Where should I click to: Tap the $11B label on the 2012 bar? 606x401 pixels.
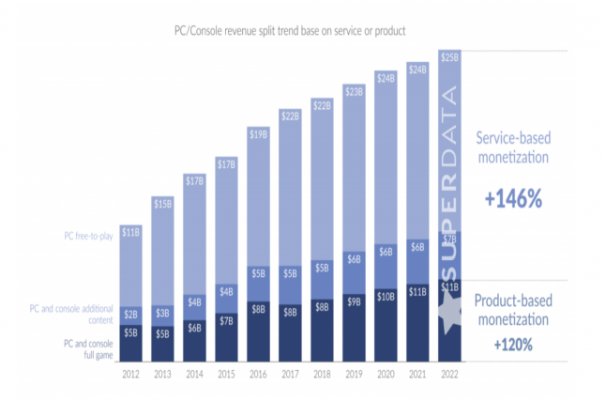(x=130, y=231)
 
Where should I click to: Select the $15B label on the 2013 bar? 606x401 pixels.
(x=162, y=203)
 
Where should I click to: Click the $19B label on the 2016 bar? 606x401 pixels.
(x=259, y=133)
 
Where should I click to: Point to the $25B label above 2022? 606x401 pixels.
(x=449, y=56)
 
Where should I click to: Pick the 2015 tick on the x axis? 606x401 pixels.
(x=226, y=372)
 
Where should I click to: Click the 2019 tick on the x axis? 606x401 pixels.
(x=354, y=372)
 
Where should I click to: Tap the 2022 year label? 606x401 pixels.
(x=449, y=372)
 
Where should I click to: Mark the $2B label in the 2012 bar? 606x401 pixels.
(x=130, y=315)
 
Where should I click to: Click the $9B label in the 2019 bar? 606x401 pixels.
(x=354, y=302)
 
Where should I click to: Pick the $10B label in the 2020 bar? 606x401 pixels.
(x=386, y=297)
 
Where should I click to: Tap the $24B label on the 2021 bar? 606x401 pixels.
(x=417, y=69)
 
